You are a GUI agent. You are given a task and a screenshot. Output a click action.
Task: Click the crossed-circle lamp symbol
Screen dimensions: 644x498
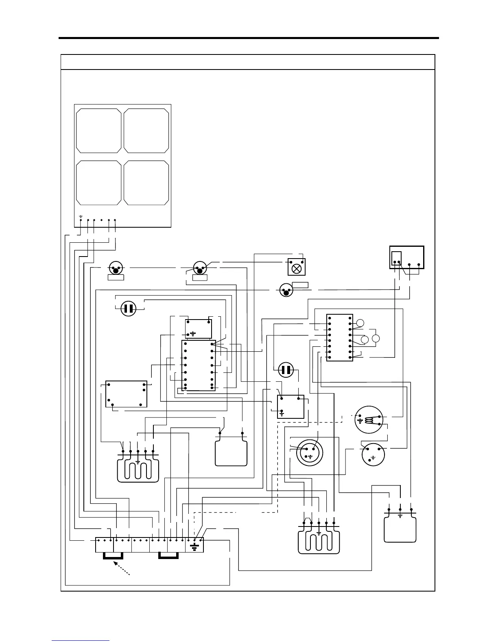(x=297, y=268)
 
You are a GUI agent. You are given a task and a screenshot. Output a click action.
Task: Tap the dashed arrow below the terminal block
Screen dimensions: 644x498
(x=122, y=568)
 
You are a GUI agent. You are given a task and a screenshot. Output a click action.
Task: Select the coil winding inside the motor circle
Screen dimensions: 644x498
(x=369, y=420)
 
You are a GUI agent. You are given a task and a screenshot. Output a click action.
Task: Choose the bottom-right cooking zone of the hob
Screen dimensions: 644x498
(x=146, y=183)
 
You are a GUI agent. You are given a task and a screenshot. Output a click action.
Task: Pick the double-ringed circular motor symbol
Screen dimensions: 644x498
(x=309, y=452)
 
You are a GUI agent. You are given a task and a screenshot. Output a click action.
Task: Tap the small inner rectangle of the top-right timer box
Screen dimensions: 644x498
(x=396, y=258)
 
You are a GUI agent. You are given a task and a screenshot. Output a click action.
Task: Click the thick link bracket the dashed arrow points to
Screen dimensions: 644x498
(x=113, y=556)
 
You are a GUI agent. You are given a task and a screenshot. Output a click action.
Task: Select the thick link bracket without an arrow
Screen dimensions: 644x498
(x=168, y=556)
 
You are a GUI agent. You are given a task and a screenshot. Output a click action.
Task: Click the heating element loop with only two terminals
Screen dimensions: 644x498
(x=231, y=449)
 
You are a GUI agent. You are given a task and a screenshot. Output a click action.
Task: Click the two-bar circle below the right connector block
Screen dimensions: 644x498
(x=286, y=370)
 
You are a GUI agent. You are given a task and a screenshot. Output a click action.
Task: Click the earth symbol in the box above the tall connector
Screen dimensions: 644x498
(x=192, y=334)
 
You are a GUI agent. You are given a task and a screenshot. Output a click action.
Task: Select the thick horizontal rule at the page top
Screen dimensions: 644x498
(x=249, y=38)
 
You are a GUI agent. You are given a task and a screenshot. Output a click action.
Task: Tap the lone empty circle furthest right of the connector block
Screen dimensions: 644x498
(x=376, y=338)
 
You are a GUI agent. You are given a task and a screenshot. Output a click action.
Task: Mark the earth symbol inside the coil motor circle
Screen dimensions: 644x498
(x=360, y=420)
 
